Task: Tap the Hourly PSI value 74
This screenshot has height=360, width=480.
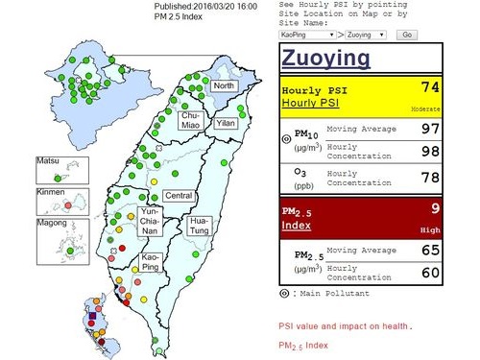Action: click(430, 87)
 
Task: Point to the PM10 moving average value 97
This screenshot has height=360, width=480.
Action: click(429, 129)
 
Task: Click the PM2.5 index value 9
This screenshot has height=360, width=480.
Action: click(435, 206)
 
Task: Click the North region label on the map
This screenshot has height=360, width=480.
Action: click(223, 86)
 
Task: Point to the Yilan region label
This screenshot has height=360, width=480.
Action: click(225, 124)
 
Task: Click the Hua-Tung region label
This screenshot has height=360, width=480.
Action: click(201, 226)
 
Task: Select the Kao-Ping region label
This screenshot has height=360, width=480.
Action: click(151, 262)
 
